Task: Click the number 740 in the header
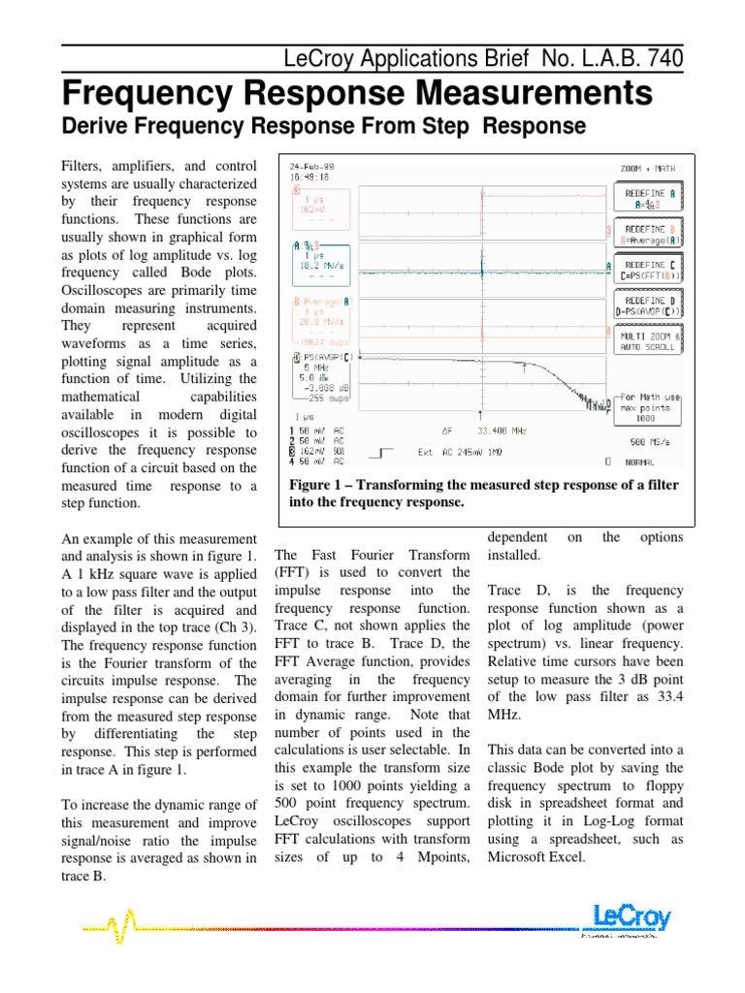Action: [x=661, y=58]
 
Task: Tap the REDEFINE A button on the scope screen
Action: [x=645, y=199]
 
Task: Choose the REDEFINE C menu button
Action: [x=645, y=270]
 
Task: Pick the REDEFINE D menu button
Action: [x=645, y=305]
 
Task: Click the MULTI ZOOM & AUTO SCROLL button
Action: [x=645, y=340]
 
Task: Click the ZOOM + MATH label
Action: [x=647, y=168]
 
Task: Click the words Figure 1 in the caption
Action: [x=318, y=485]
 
